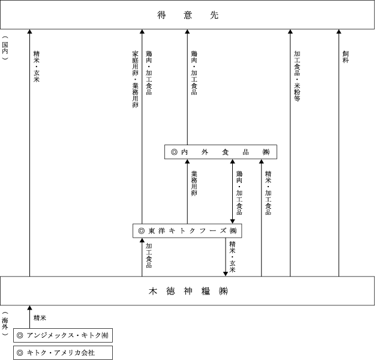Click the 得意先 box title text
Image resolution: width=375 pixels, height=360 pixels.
coord(188,15)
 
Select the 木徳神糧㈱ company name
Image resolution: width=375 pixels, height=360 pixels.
coord(188,291)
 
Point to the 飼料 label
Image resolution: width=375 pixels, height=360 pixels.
coord(346,57)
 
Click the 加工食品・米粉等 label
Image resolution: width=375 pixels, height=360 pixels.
coord(297,76)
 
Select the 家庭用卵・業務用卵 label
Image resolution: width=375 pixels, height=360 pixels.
coord(136,79)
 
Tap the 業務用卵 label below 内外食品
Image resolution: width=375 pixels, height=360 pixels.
coord(194,184)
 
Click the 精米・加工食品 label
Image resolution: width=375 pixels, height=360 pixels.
coord(268,193)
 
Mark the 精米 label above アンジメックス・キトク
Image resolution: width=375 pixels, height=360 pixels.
coord(40,318)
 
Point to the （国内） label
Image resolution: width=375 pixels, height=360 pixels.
coord(5,48)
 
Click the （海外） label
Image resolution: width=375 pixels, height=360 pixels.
coord(5,323)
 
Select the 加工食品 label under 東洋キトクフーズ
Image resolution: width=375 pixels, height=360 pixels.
coord(149,256)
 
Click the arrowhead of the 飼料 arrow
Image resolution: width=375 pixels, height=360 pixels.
coord(338,31)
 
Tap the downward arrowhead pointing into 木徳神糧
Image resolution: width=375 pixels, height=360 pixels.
coord(225,274)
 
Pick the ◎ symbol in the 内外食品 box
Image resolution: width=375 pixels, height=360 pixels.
coord(175,152)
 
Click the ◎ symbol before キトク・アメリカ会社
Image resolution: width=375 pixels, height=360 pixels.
coord(20,353)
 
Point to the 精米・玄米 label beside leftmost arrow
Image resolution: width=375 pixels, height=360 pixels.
coord(37,67)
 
